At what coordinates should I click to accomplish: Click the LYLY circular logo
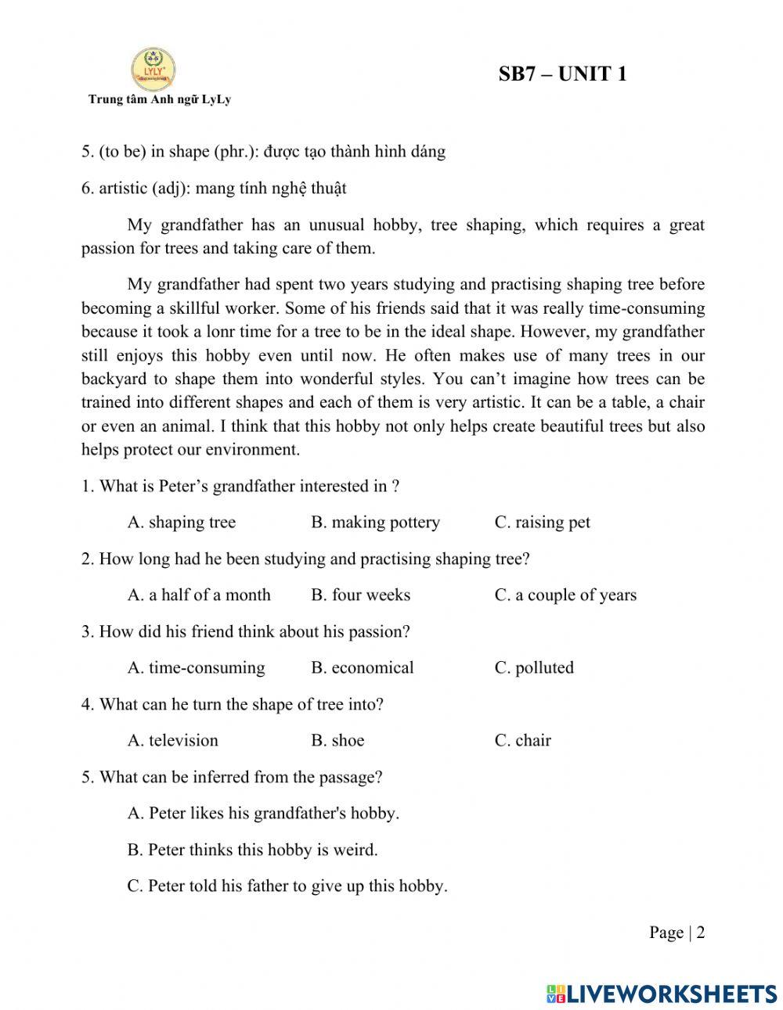153,69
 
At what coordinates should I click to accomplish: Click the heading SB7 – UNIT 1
562,74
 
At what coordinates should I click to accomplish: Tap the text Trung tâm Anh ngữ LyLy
159,99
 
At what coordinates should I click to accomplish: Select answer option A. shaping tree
181,523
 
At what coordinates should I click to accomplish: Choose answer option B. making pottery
375,523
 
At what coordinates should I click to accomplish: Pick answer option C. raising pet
542,523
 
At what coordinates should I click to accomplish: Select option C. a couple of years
565,595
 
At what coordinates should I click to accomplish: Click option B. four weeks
360,595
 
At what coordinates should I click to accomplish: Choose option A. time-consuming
196,668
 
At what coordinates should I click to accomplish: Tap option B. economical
362,668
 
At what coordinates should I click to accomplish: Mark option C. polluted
534,668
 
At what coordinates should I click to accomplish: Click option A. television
172,741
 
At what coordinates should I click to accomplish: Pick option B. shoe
337,741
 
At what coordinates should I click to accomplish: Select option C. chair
522,741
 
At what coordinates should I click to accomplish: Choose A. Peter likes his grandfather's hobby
263,814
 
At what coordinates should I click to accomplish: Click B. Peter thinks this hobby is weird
252,850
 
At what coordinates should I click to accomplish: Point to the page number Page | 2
677,933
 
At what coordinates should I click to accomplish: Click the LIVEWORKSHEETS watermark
662,993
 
